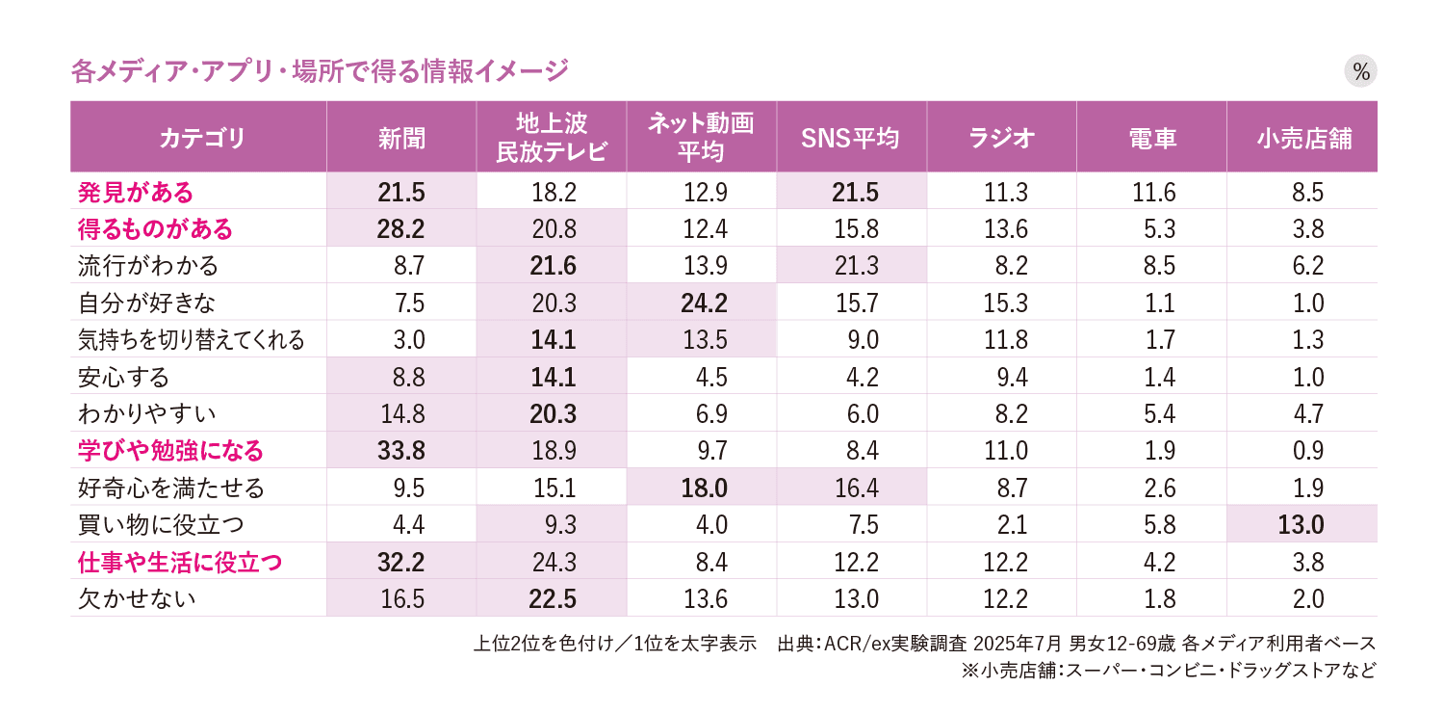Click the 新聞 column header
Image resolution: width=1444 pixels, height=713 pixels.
pyautogui.click(x=401, y=138)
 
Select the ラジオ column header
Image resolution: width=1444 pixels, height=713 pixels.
pyautogui.click(x=1001, y=138)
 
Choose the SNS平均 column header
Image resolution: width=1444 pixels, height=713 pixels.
pyautogui.click(x=851, y=138)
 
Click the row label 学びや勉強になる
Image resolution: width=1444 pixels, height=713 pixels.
pyautogui.click(x=170, y=451)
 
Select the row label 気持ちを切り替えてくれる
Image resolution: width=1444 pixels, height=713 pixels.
pyautogui.click(x=192, y=339)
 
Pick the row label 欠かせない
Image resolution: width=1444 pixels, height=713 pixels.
pyautogui.click(x=138, y=599)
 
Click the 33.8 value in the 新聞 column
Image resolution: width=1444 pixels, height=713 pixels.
pyautogui.click(x=401, y=451)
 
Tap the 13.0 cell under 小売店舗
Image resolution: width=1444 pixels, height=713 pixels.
pyautogui.click(x=1302, y=525)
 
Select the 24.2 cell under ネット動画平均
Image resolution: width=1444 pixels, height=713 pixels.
pyautogui.click(x=702, y=303)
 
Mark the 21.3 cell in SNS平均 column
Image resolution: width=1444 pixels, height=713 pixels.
pyautogui.click(x=852, y=265)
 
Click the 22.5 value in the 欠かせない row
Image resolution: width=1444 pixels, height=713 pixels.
pyautogui.click(x=553, y=599)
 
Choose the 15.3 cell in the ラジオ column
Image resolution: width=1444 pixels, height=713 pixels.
pyautogui.click(x=1001, y=303)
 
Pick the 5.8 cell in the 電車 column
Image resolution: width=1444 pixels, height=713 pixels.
pyautogui.click(x=1152, y=525)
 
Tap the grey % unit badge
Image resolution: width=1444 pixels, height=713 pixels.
pyautogui.click(x=1360, y=71)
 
